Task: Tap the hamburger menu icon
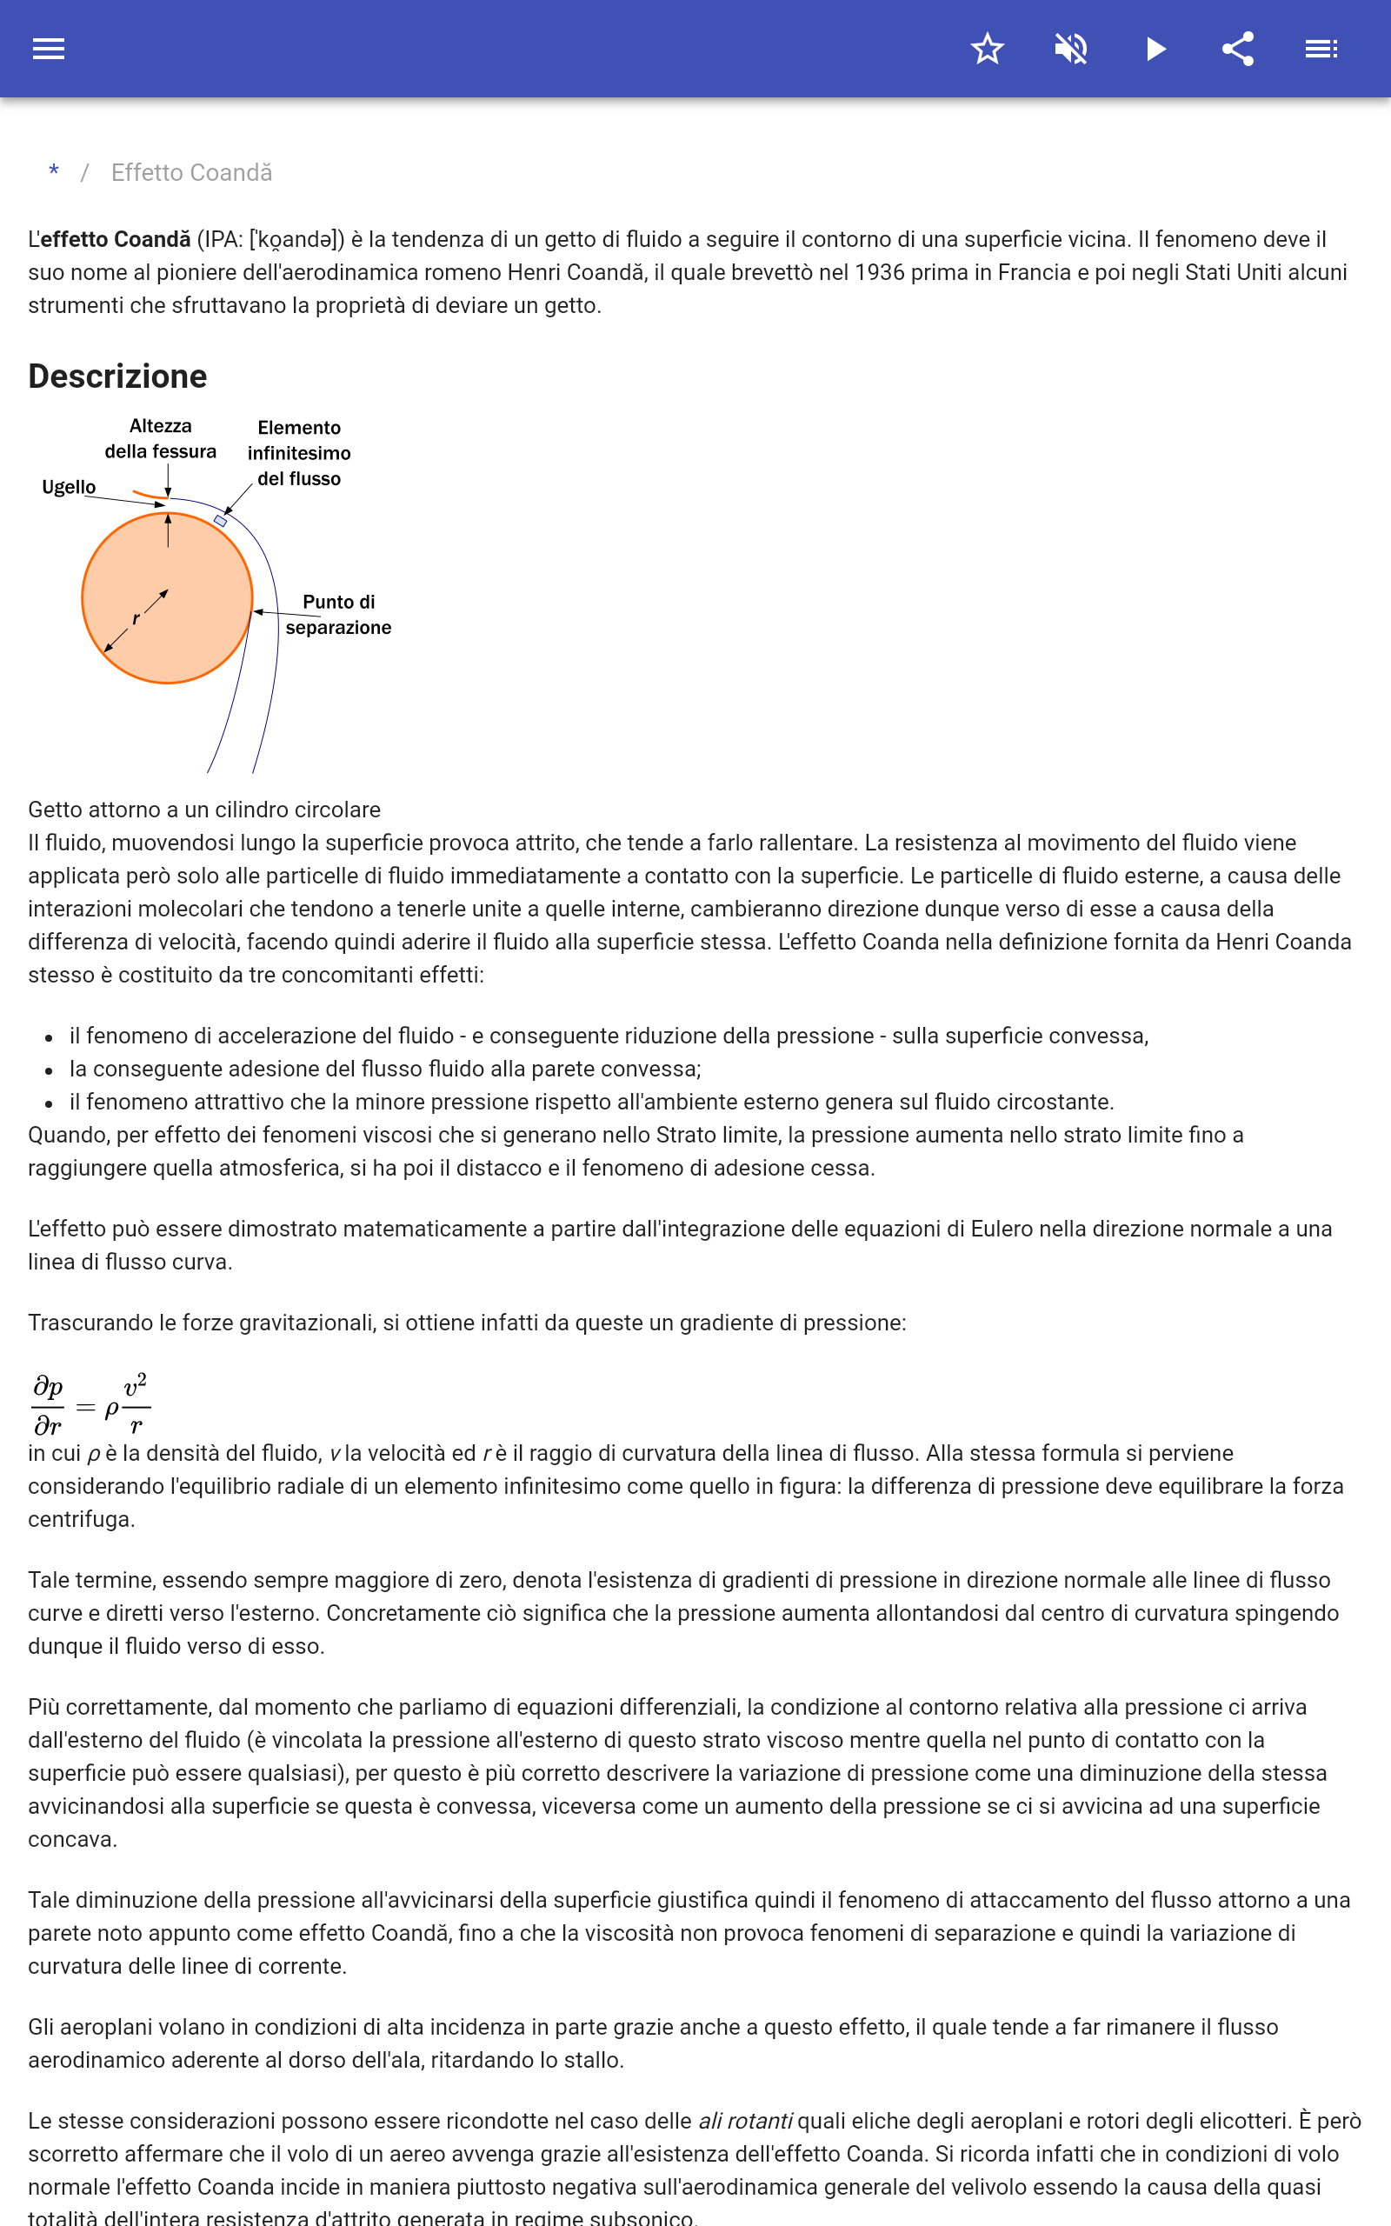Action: coord(49,49)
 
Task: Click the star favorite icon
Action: coord(987,49)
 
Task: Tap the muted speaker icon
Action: coord(1071,49)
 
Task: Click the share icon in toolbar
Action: coord(1238,49)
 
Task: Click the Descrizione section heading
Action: coord(117,377)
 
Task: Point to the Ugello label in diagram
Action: coord(69,487)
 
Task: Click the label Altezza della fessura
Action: coord(161,439)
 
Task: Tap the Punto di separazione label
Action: coord(338,615)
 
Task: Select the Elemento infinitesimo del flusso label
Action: coord(299,452)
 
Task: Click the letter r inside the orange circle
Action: coord(136,619)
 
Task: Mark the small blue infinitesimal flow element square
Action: coord(221,521)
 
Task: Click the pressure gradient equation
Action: coord(91,1405)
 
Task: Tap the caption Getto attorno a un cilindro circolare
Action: coord(204,810)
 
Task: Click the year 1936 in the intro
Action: coord(880,272)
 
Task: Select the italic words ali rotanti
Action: coord(745,2121)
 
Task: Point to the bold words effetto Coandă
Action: coord(115,239)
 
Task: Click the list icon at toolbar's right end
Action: coord(1321,49)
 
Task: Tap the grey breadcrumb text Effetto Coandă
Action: coord(191,173)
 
